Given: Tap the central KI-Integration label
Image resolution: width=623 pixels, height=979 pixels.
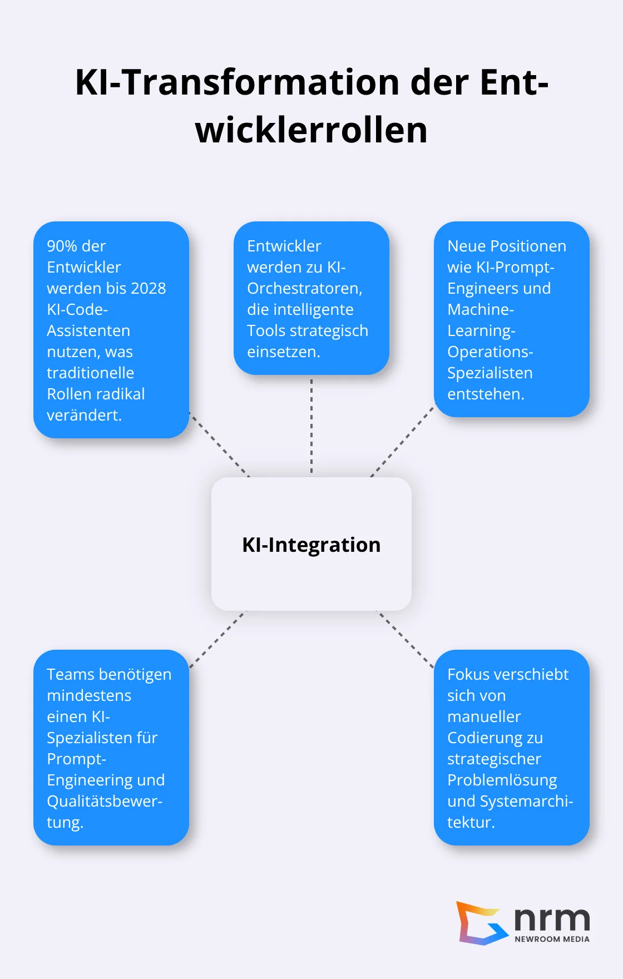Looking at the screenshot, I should click(311, 545).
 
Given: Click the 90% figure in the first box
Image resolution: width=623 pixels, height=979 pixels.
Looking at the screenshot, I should click(62, 246).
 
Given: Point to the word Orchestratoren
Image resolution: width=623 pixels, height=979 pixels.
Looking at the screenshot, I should click(304, 288).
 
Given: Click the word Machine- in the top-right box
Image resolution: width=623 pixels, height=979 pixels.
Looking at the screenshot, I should click(480, 309).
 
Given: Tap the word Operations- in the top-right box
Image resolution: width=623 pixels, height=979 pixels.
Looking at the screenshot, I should click(489, 352).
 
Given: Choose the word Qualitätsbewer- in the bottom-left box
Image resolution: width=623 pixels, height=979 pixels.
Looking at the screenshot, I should click(104, 801).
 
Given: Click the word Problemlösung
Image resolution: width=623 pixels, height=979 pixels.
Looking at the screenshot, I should click(502, 780).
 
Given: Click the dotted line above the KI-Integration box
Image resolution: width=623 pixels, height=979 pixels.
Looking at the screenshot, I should click(311, 426).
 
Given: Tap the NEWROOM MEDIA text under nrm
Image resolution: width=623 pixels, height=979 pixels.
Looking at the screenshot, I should click(552, 939).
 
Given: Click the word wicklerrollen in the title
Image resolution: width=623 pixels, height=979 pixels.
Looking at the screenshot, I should click(311, 130).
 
